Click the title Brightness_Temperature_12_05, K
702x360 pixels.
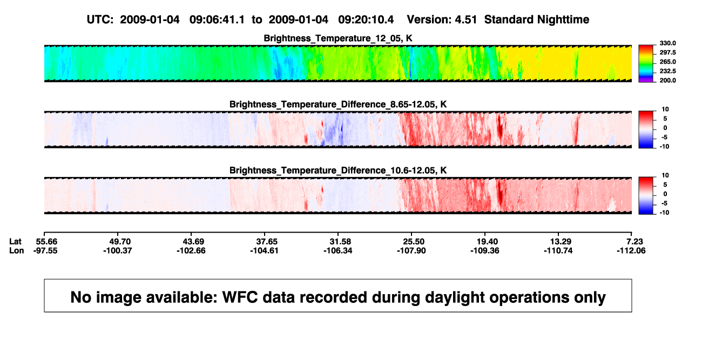(338, 38)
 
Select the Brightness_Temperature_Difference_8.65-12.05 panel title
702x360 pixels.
(338, 104)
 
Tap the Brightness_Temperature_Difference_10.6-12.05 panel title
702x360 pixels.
(338, 171)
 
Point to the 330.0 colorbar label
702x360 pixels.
(667, 43)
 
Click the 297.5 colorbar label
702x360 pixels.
(667, 52)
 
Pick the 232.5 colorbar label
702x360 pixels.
(667, 71)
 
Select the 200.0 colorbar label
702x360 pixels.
(667, 80)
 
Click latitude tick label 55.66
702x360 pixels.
(46, 242)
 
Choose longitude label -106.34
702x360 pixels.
(338, 250)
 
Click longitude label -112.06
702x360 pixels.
(631, 250)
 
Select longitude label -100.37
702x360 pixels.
(118, 250)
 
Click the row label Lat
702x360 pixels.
(15, 242)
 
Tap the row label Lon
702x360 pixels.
(17, 250)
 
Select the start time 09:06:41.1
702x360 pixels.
(217, 20)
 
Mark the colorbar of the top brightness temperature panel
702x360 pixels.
(646, 64)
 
